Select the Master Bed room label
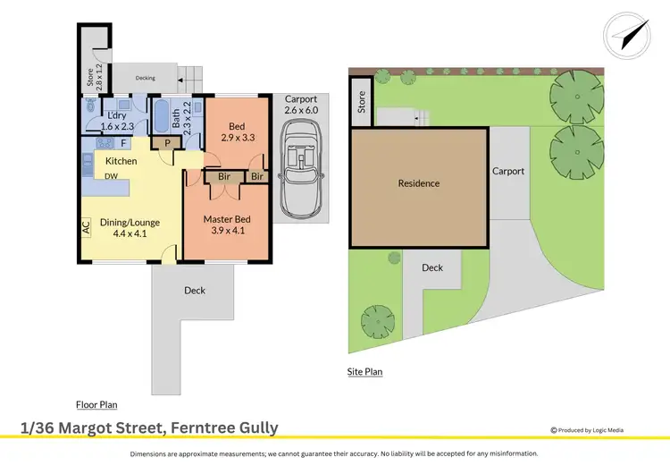[x=226, y=224]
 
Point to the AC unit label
[x=86, y=228]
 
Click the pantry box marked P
[x=167, y=142]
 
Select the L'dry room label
[x=116, y=122]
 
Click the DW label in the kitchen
[x=111, y=177]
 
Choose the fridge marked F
[x=122, y=143]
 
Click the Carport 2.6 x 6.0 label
[x=300, y=104]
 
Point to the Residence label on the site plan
[x=419, y=183]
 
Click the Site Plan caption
[x=364, y=371]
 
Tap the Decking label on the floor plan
[x=145, y=79]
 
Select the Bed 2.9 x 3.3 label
[x=237, y=132]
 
